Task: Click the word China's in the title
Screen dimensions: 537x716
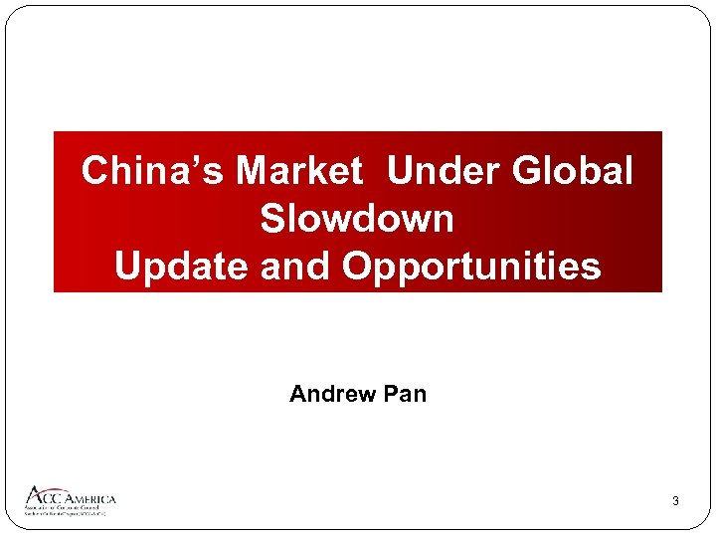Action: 153,171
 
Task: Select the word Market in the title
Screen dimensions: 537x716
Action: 299,171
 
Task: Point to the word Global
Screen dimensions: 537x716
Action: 573,171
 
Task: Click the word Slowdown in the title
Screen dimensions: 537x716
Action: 357,219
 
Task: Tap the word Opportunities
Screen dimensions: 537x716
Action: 471,267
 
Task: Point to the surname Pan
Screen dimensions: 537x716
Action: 405,394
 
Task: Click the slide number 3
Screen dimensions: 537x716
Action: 675,501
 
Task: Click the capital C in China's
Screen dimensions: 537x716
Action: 94,171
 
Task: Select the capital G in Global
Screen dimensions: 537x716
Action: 527,171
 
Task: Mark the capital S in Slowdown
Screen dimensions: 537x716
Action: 272,219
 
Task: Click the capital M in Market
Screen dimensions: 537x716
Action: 254,171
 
